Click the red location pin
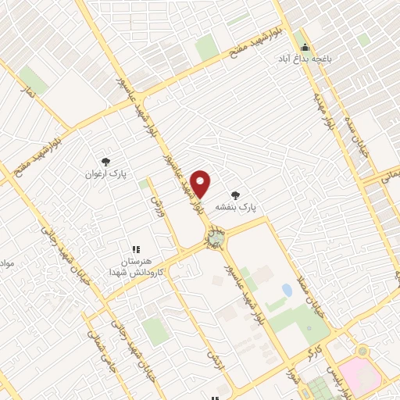202,184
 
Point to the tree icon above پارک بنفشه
235,195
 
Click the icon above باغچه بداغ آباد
305,46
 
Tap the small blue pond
287,291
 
